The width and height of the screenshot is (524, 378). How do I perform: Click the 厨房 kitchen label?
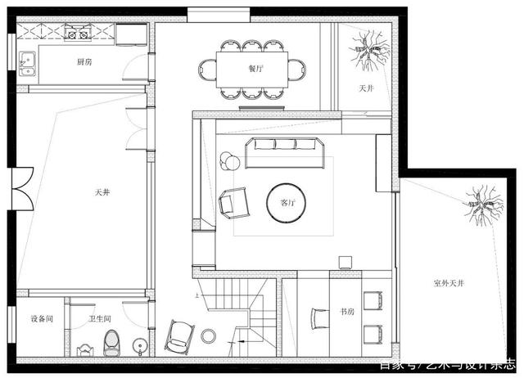coord(84,61)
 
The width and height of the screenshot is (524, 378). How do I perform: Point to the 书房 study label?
coord(346,311)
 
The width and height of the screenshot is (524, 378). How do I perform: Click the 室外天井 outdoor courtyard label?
coord(449,283)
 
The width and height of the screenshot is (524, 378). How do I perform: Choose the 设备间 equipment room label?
coord(42,319)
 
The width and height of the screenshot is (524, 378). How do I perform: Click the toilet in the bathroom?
coord(111,343)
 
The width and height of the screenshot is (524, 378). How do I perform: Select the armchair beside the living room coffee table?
coord(234,203)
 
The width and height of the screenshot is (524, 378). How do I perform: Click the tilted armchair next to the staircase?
coord(178,334)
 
